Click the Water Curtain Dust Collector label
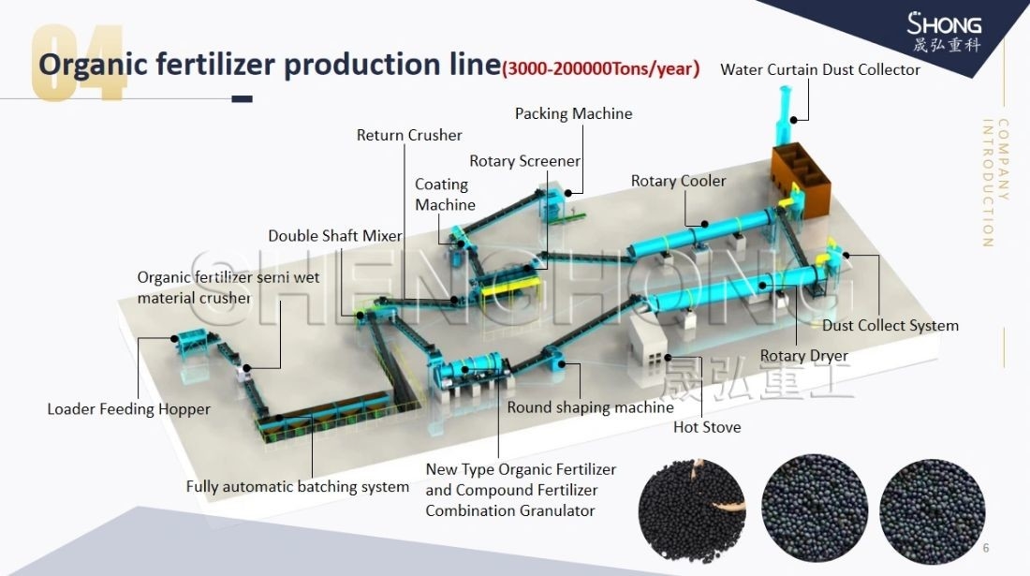click(x=819, y=70)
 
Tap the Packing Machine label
click(x=573, y=113)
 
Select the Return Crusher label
click(x=409, y=135)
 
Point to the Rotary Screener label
click(x=524, y=161)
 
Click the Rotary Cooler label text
click(x=678, y=181)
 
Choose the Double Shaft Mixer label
click(x=335, y=236)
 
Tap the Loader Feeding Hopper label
click(x=128, y=409)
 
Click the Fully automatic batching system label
click(x=297, y=487)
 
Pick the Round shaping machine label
click(x=590, y=407)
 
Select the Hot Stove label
click(x=707, y=427)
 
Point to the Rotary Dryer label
click(x=803, y=356)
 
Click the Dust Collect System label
click(x=890, y=326)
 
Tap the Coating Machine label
click(x=445, y=195)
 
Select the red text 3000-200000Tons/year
click(x=600, y=68)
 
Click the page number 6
click(x=986, y=548)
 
